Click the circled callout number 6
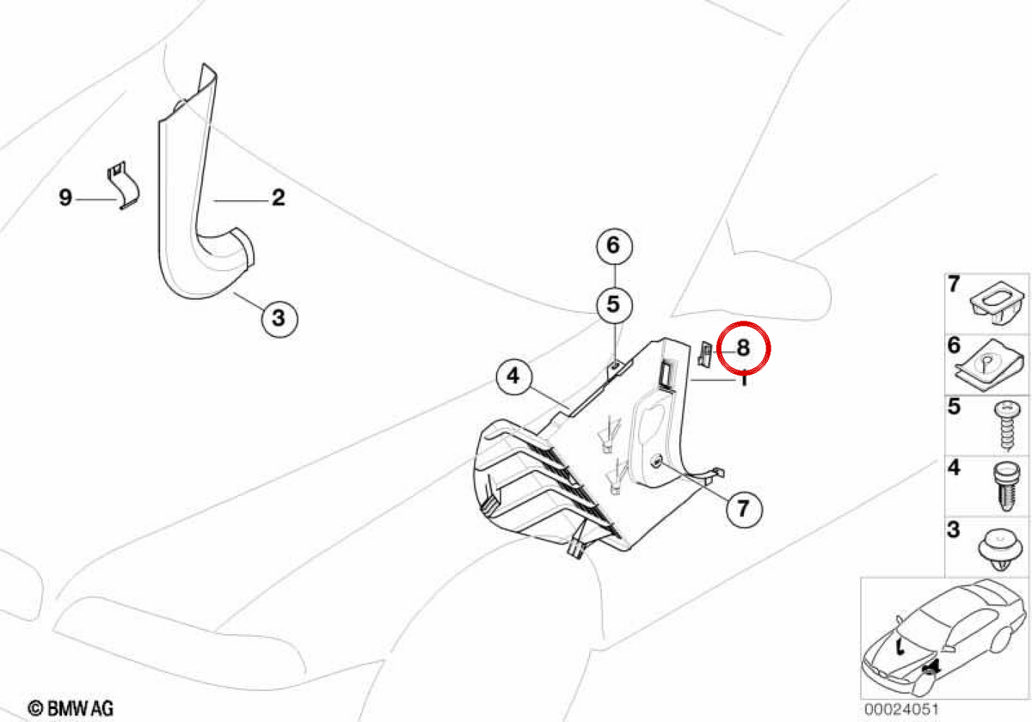point(614,247)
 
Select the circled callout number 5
point(614,305)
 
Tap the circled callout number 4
point(514,376)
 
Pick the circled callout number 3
point(279,319)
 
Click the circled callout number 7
point(744,509)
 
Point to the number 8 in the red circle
point(743,347)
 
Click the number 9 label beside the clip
point(65,198)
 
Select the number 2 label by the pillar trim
point(279,198)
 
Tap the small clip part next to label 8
point(705,353)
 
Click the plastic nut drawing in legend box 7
point(998,303)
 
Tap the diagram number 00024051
point(901,708)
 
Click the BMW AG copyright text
point(71,707)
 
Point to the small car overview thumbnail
point(944,639)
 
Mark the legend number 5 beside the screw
point(954,406)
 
